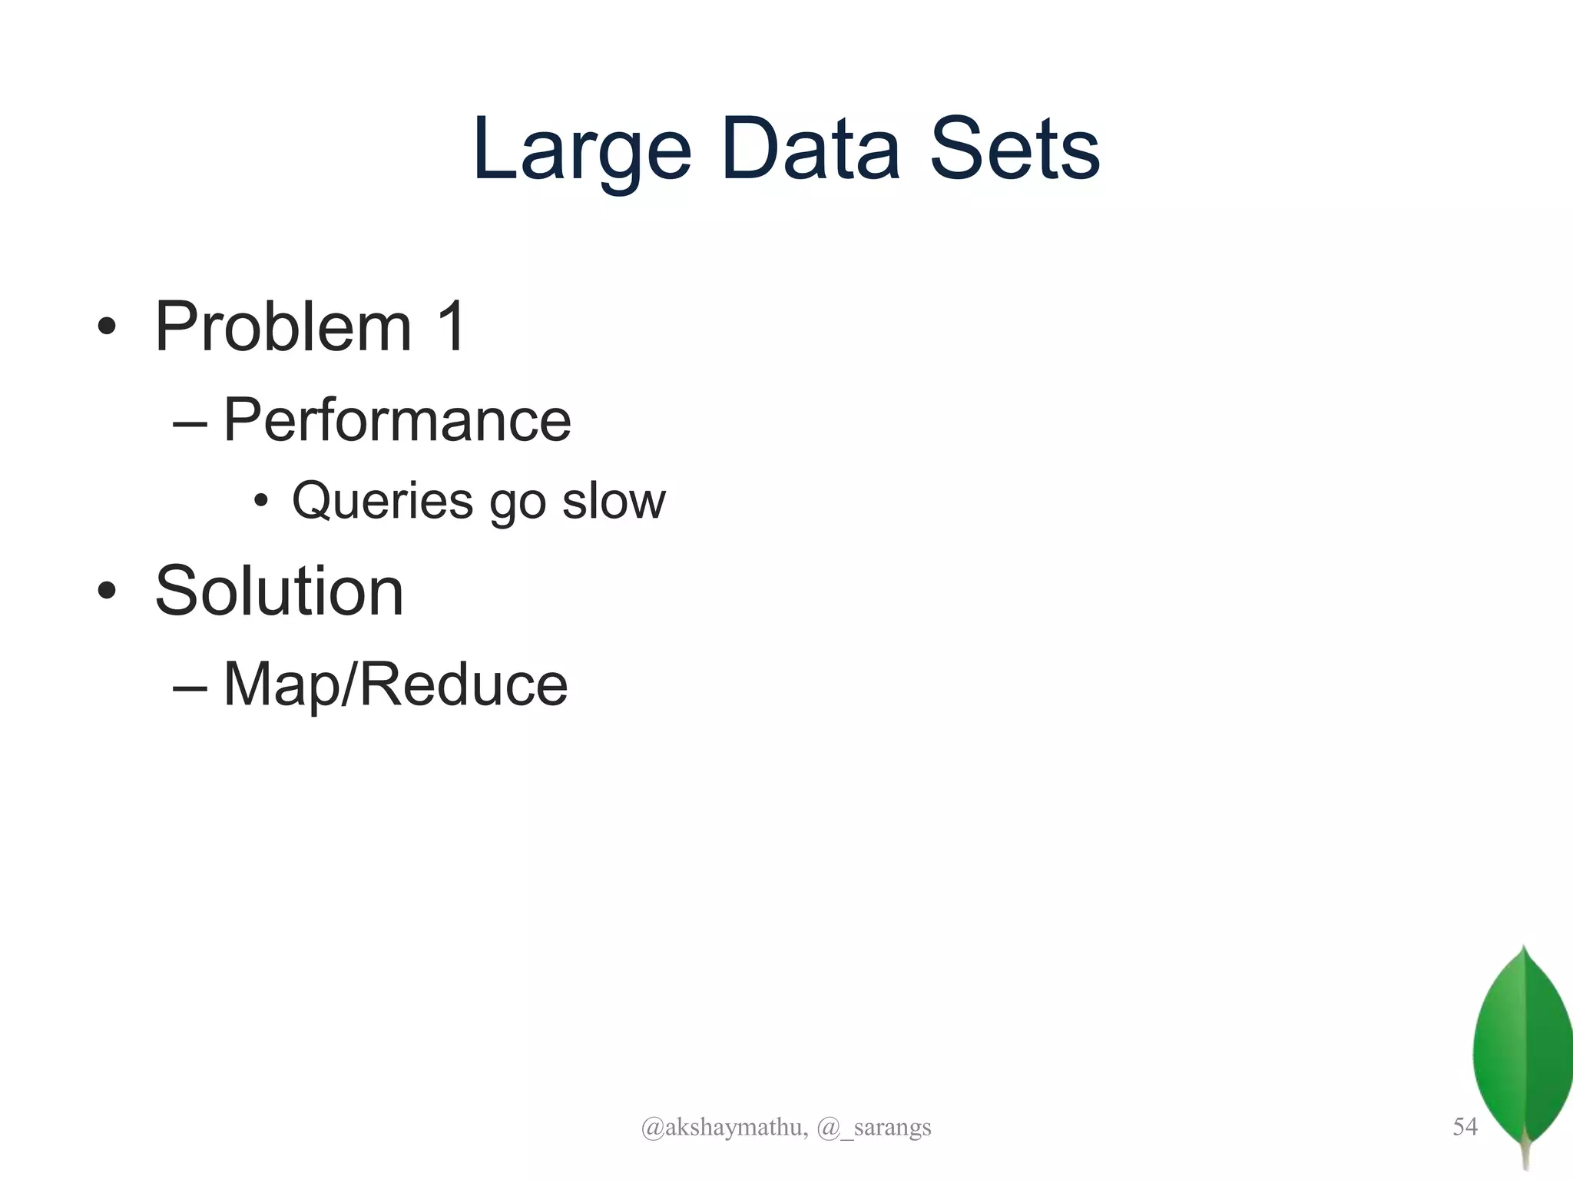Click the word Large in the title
(582, 150)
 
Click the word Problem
(283, 327)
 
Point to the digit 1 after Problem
(451, 326)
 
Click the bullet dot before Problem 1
(107, 327)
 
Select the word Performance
(397, 420)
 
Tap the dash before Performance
(190, 423)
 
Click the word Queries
(382, 501)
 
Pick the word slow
(614, 501)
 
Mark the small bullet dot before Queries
(261, 502)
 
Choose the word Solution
(279, 591)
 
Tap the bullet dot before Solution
(107, 592)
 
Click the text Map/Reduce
(396, 684)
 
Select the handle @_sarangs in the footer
(874, 1127)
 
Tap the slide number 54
(1465, 1126)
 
